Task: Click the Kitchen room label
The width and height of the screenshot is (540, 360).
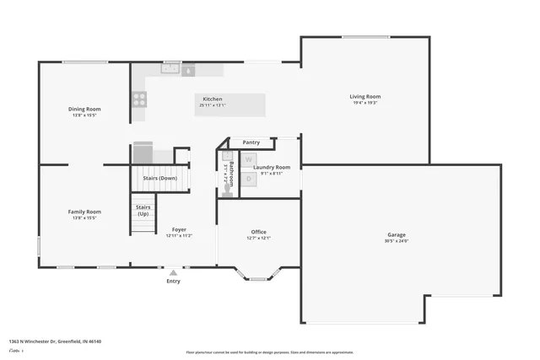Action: pos(212,99)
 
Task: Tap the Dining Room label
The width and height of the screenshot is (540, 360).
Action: pos(84,109)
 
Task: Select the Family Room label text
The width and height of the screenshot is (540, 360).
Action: pos(84,212)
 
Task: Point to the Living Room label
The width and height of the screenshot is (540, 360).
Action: pos(365,96)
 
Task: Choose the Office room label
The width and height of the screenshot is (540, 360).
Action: pos(258,231)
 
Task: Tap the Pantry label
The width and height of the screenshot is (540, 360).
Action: pos(251,142)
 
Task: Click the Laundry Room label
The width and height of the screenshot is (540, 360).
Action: pos(272,167)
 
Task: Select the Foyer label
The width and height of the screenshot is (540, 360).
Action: pos(179,229)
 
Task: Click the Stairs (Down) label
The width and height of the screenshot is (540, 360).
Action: pos(159,178)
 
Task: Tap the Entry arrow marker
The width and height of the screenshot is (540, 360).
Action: pos(173,272)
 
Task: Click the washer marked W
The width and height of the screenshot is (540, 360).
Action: pos(249,159)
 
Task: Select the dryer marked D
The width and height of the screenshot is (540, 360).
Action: pos(249,178)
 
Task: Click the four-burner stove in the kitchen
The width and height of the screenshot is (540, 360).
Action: pos(139,99)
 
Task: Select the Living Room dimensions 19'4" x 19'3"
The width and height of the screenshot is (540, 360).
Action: pos(365,103)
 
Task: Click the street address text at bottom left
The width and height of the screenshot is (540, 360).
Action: pos(56,341)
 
